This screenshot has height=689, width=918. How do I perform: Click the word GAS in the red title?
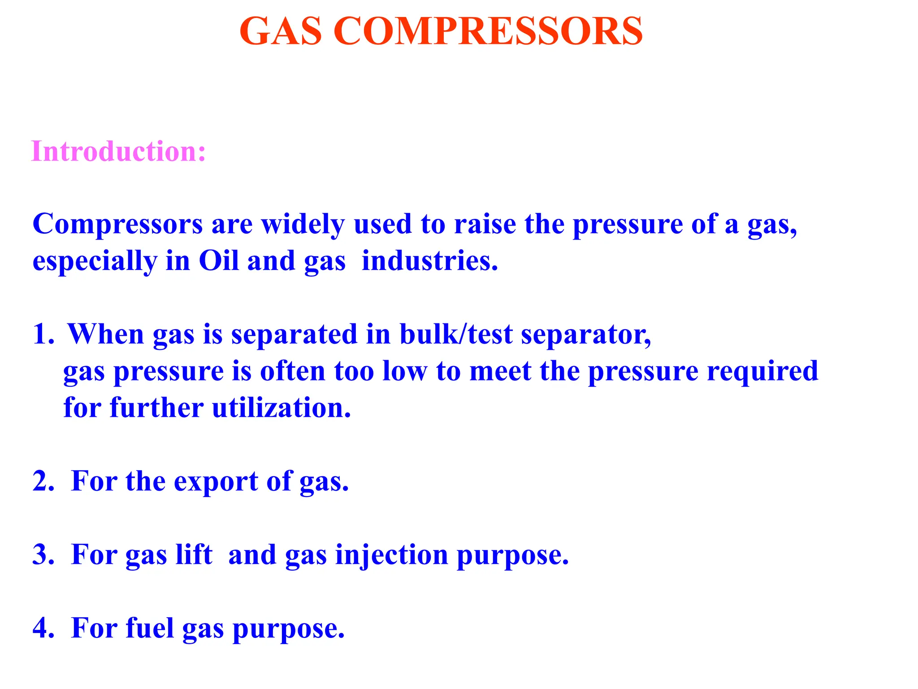click(281, 31)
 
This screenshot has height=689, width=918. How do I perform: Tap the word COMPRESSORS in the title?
click(488, 31)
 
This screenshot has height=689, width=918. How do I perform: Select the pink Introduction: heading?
click(119, 152)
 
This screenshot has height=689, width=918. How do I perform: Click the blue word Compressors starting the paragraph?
click(117, 224)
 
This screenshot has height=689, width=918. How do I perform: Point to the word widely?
click(303, 224)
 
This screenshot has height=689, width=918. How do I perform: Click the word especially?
click(95, 262)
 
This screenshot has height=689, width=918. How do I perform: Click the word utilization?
click(281, 408)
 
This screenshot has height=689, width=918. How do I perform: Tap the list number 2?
click(43, 481)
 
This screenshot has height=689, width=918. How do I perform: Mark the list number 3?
click(43, 555)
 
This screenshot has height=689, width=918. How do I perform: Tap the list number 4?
click(43, 628)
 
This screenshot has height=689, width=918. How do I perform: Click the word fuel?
click(149, 628)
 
